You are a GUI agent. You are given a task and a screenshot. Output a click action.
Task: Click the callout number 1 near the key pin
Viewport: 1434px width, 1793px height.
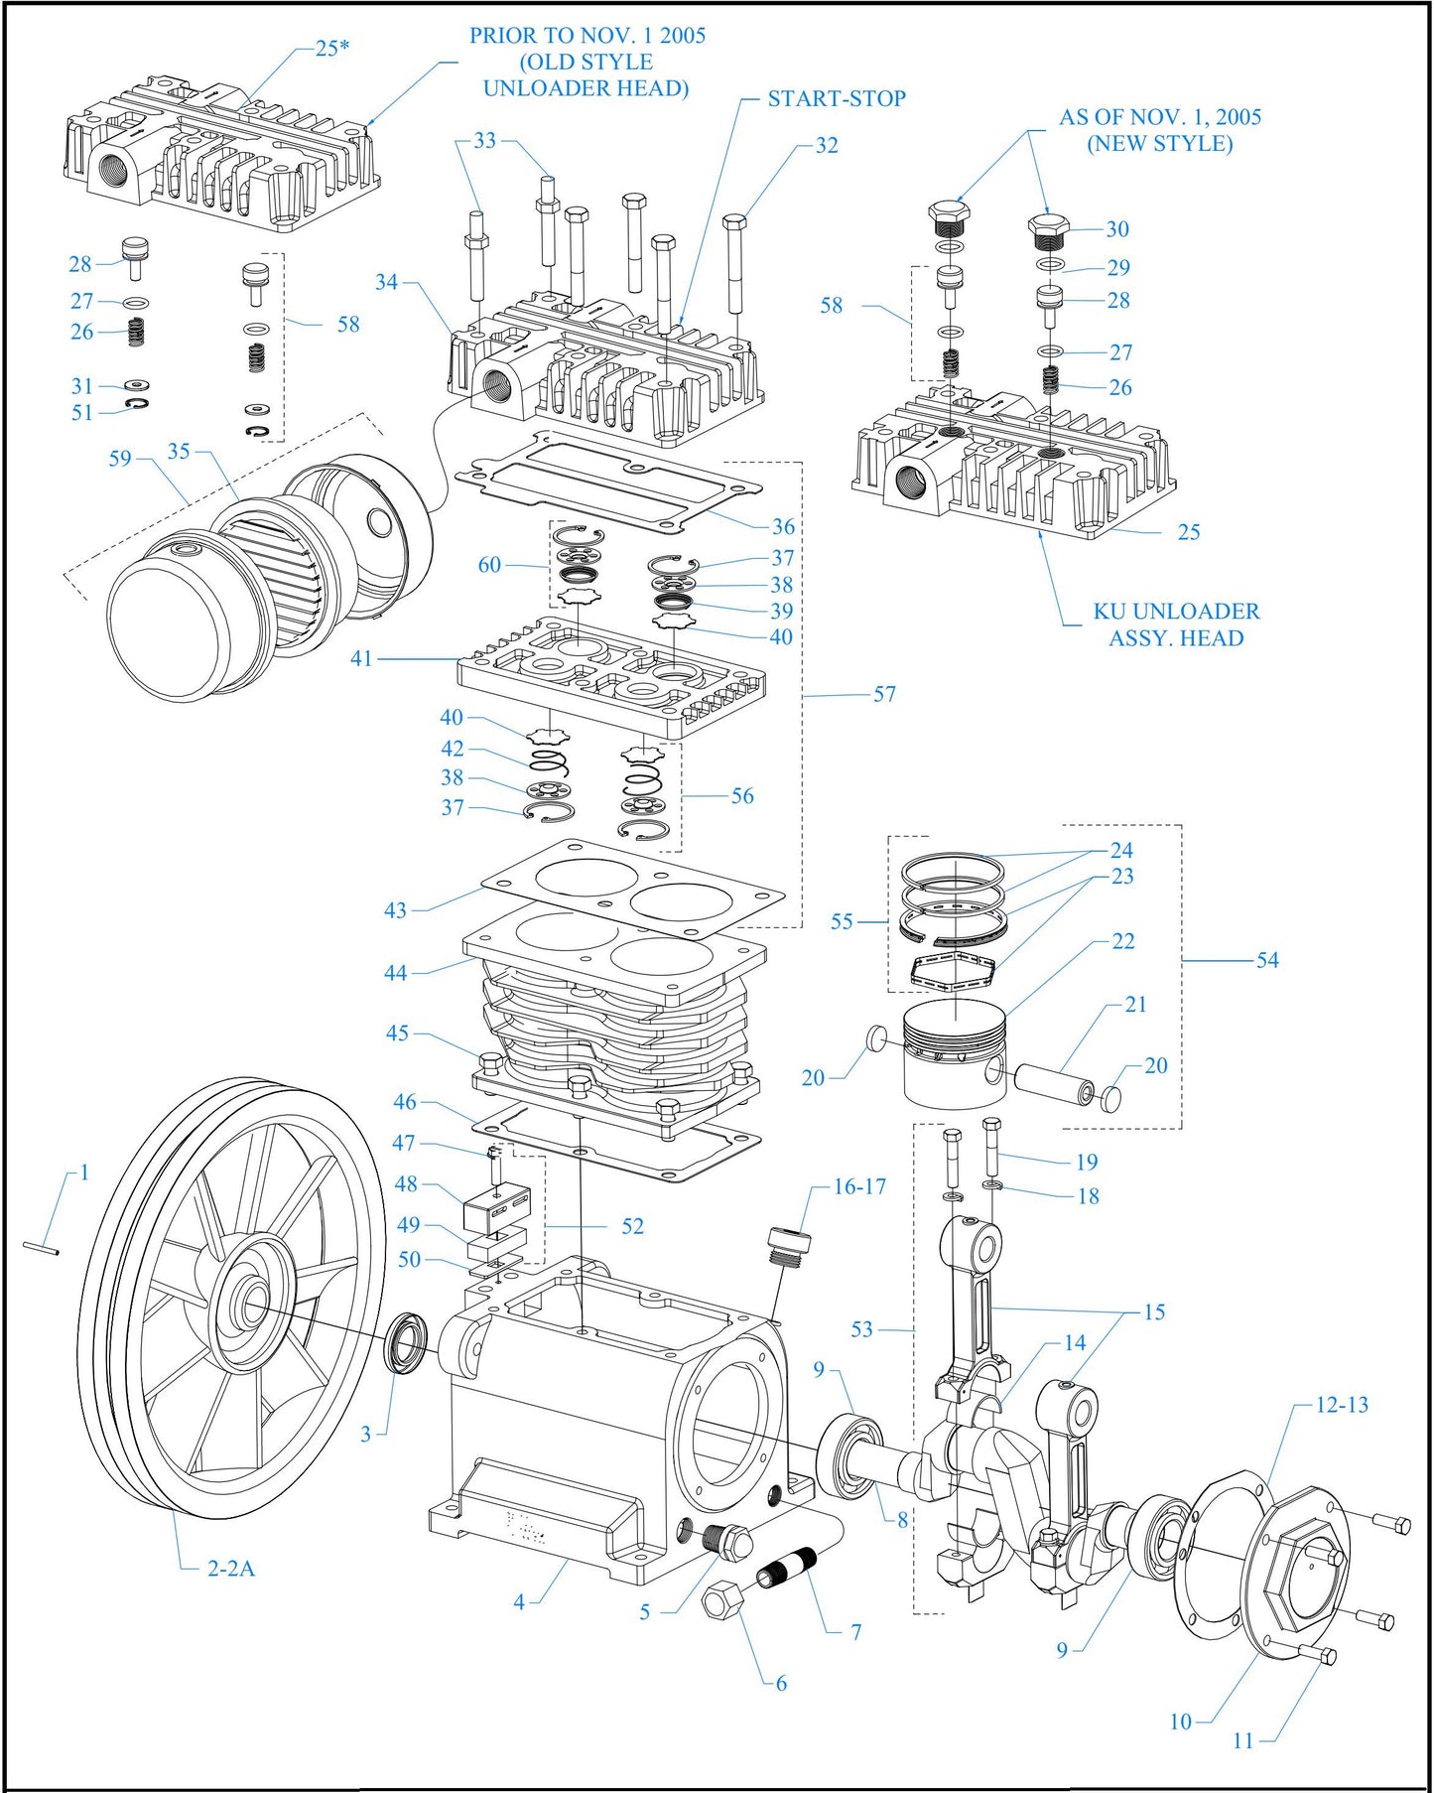pyautogui.click(x=84, y=1172)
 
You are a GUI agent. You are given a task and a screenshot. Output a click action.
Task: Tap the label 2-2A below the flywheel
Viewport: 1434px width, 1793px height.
pyautogui.click(x=230, y=1569)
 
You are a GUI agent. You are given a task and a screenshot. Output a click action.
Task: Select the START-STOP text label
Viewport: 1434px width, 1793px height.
pyautogui.click(x=837, y=98)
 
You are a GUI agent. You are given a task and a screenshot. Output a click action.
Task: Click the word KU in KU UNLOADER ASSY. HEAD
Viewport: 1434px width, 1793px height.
pyautogui.click(x=1108, y=612)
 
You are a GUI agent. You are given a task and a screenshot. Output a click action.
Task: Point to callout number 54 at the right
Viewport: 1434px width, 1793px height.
pyautogui.click(x=1267, y=960)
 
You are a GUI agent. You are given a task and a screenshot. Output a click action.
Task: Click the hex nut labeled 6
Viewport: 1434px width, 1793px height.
pyautogui.click(x=723, y=1600)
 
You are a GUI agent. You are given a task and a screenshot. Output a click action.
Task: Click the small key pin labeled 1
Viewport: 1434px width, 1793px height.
pyautogui.click(x=42, y=1248)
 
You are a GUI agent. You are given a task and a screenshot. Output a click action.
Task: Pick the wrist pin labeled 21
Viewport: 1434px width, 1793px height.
pyautogui.click(x=1054, y=1081)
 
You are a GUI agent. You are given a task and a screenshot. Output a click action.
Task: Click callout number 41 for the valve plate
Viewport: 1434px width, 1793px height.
pyautogui.click(x=361, y=658)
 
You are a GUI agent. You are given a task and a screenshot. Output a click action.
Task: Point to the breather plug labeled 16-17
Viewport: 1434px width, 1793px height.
pyautogui.click(x=789, y=1245)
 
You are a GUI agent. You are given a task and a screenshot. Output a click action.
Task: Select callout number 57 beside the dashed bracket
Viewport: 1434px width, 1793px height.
pyautogui.click(x=884, y=694)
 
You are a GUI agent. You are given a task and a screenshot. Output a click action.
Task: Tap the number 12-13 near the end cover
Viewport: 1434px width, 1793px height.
pyautogui.click(x=1342, y=1405)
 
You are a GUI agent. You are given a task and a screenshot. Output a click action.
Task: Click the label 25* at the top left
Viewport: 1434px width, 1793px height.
pyautogui.click(x=332, y=48)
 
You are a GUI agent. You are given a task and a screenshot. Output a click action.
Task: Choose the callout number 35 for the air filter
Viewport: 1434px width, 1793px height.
pyautogui.click(x=179, y=452)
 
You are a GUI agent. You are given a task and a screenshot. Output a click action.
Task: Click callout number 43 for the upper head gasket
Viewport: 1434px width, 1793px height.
pyautogui.click(x=395, y=910)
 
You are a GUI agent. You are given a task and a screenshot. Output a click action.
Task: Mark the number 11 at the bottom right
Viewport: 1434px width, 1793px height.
pyautogui.click(x=1243, y=1740)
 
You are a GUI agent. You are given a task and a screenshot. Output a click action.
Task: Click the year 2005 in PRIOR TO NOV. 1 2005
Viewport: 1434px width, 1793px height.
pyautogui.click(x=682, y=36)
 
